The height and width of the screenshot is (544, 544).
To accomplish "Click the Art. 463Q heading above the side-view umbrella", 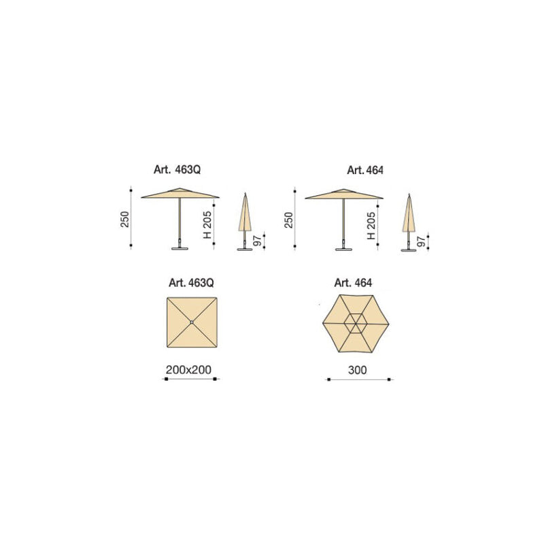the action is pyautogui.click(x=177, y=169).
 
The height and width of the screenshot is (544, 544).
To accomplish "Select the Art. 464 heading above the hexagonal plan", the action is pyautogui.click(x=353, y=283).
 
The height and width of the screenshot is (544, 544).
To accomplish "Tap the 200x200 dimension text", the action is pyautogui.click(x=188, y=370).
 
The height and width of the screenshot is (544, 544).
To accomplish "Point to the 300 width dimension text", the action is pyautogui.click(x=358, y=370).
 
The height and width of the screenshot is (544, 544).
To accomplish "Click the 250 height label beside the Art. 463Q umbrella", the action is pyautogui.click(x=125, y=219).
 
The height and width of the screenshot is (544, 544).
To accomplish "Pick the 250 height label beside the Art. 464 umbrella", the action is pyautogui.click(x=288, y=220).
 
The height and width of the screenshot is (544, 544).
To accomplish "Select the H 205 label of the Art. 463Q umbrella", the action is pyautogui.click(x=207, y=225).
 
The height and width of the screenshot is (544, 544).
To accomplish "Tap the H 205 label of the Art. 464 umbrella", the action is pyautogui.click(x=371, y=226).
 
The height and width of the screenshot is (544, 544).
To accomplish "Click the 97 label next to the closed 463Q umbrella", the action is pyautogui.click(x=257, y=241).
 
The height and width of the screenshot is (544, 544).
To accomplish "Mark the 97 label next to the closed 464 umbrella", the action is pyautogui.click(x=421, y=241).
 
